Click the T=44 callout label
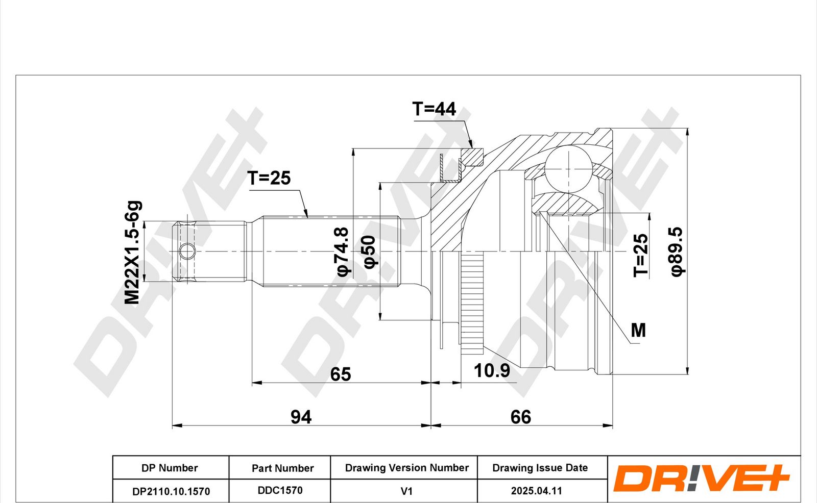coord(434,109)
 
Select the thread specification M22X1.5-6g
coord(132,252)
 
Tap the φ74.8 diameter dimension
coord(343,252)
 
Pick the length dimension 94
coord(301,417)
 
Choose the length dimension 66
coord(520,417)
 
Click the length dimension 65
coord(340,374)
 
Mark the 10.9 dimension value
coord(492,371)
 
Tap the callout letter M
coord(638,330)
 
